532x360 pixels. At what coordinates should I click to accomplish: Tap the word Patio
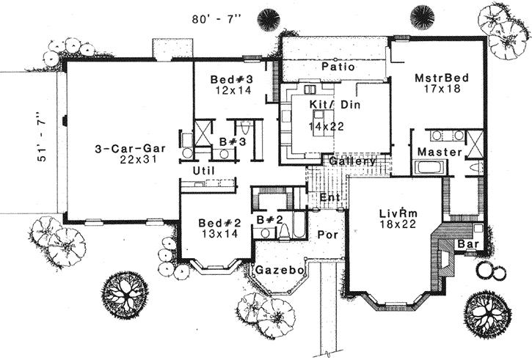(338, 67)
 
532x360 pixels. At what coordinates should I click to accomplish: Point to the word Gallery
(352, 161)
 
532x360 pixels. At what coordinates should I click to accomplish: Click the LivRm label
(398, 213)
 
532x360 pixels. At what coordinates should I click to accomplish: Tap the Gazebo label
(280, 271)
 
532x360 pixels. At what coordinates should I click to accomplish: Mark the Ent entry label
(329, 198)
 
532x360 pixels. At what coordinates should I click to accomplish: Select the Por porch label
(326, 235)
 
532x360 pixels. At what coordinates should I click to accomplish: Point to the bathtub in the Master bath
(428, 167)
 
